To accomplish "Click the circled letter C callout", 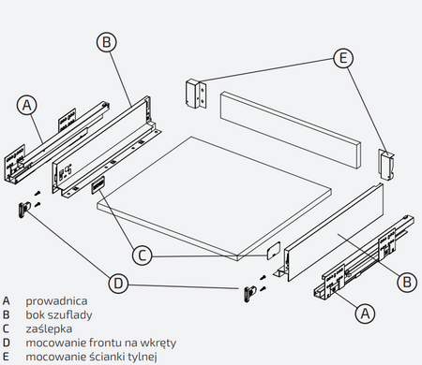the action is point(143,255).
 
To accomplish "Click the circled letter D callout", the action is point(118,284).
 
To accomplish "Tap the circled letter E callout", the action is point(343,58).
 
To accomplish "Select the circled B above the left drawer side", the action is point(106,42).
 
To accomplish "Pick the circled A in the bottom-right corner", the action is point(365,313).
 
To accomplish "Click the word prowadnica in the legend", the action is point(56,301).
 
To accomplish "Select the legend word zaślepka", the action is point(49,328).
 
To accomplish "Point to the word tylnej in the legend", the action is point(143,357).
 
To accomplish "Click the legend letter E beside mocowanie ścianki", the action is point(6,357).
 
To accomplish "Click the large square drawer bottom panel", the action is point(214,198).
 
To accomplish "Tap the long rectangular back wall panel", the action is point(291,130).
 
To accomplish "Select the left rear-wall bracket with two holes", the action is point(196,94).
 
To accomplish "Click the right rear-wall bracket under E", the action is point(386,164).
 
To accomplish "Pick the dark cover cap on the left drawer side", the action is point(98,184).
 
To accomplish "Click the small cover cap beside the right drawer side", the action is point(273,251).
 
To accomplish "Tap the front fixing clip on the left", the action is point(23,209).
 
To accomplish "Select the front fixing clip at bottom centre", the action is point(249,293).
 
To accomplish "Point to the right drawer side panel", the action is point(334,232).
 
